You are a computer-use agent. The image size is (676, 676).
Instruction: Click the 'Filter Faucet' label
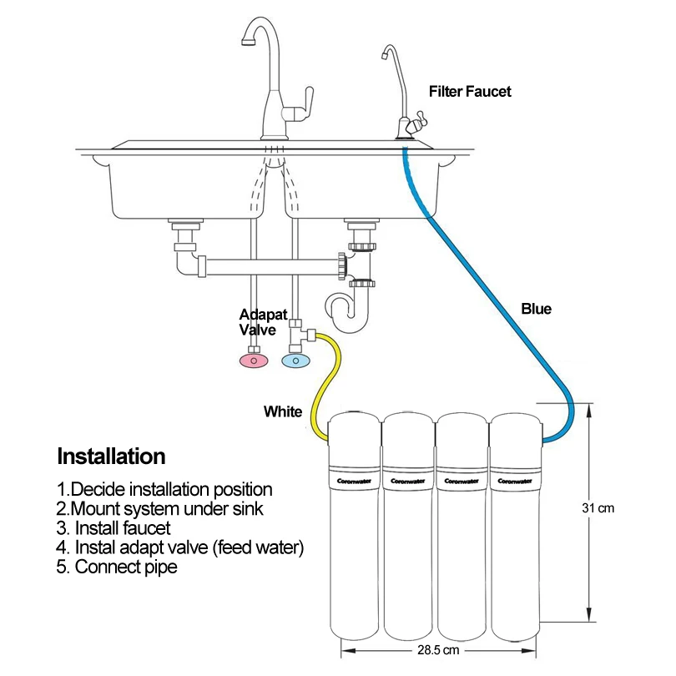(x=470, y=91)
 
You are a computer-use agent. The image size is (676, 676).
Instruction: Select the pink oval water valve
(x=254, y=360)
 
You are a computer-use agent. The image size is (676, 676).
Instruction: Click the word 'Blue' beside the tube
(x=536, y=309)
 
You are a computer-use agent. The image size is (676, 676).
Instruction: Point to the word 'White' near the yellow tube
(x=283, y=411)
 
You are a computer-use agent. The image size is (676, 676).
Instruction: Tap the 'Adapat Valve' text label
(x=264, y=321)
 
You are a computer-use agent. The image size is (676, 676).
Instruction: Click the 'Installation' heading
(x=111, y=457)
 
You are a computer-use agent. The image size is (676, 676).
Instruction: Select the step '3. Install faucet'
(x=114, y=528)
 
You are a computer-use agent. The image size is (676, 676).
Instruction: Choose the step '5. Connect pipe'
(x=117, y=568)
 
